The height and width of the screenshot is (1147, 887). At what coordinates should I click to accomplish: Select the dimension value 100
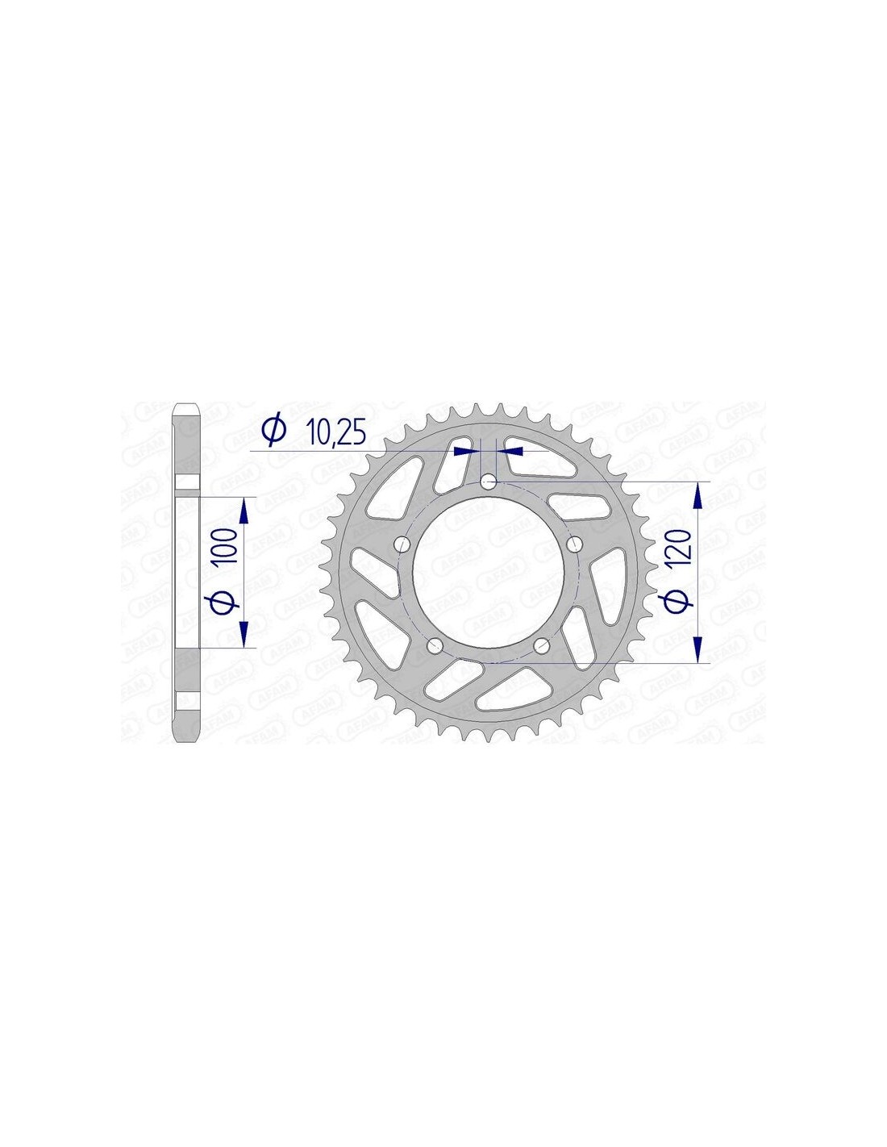pyautogui.click(x=225, y=546)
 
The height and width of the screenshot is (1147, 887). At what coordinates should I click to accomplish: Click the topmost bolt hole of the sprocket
pyautogui.click(x=488, y=481)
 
